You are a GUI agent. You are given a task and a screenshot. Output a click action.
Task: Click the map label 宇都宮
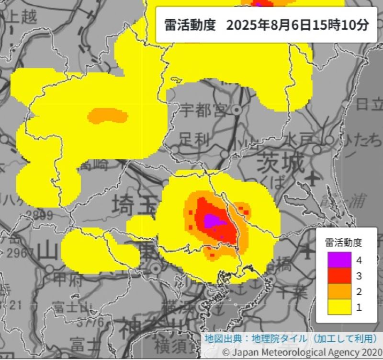pos(203,111)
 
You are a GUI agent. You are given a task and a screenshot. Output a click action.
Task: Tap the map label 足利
pos(195,140)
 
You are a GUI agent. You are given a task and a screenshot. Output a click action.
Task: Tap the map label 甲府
pos(62,278)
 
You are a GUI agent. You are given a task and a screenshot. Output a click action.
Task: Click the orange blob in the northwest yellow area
pos(108,115)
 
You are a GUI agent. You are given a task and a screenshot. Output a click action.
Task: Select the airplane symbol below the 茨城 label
pos(313,179)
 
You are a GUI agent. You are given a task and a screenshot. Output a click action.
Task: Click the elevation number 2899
pos(37,215)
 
